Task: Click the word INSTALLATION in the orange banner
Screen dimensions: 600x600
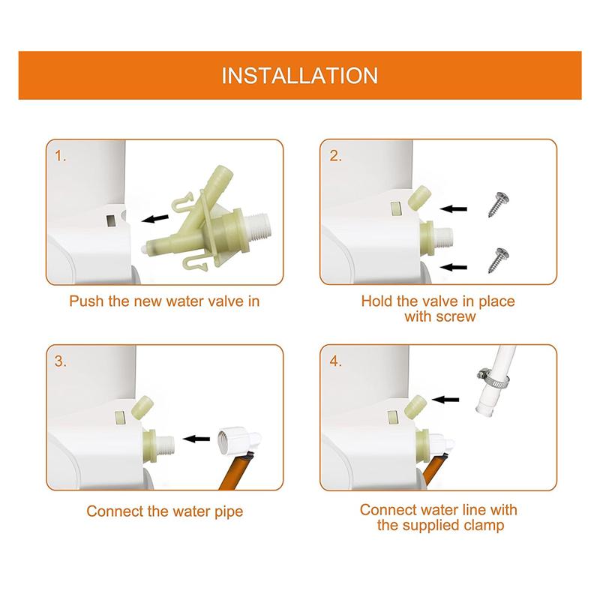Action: (x=300, y=76)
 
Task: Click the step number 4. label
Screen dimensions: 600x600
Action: (x=335, y=361)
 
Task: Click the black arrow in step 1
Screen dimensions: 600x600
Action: (x=156, y=218)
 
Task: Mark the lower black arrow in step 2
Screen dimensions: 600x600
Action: (x=457, y=265)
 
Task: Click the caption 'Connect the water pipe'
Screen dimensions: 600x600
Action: (x=164, y=512)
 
